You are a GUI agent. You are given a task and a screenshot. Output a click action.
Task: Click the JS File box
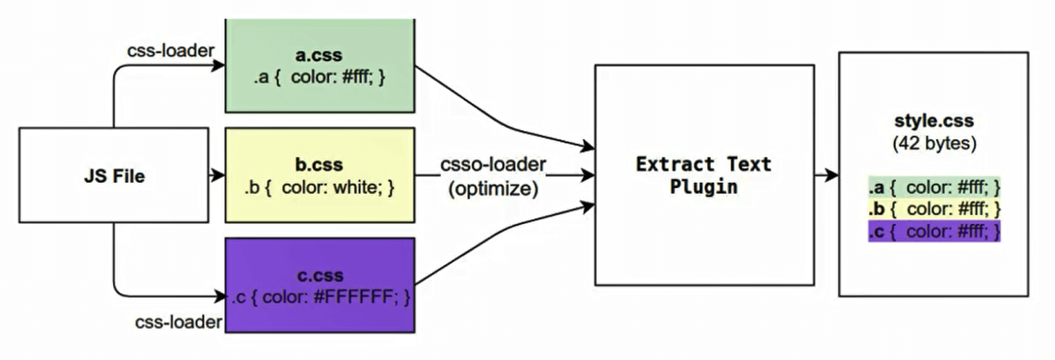[113, 176]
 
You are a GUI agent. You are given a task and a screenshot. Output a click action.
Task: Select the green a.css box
[320, 67]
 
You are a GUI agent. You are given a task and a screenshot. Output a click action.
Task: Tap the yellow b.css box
[320, 176]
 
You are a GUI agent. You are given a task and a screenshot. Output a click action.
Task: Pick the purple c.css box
[320, 285]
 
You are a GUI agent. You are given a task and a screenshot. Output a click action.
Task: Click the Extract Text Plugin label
[703, 175]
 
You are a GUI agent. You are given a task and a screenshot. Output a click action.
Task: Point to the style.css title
[934, 120]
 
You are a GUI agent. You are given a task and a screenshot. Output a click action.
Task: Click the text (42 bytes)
[934, 143]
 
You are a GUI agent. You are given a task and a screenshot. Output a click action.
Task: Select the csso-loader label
[492, 164]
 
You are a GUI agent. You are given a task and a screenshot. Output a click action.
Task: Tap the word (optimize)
[492, 188]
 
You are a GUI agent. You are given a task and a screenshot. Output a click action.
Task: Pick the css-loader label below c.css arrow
[178, 322]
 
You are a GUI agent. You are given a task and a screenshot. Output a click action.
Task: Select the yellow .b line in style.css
[934, 209]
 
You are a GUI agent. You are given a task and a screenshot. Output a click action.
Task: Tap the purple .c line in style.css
[934, 231]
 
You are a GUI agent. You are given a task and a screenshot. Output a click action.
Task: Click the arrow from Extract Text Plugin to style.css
[825, 176]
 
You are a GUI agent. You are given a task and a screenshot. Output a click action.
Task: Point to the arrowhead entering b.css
[219, 176]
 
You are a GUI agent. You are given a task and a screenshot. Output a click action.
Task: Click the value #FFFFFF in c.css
[356, 298]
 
